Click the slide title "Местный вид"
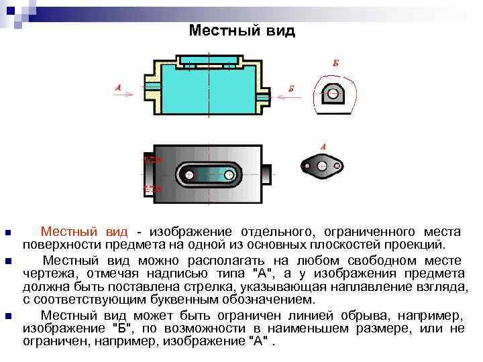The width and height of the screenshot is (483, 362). point(241,31)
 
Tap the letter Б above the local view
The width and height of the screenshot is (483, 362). point(335,64)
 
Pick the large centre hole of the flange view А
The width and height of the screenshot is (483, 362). point(323,164)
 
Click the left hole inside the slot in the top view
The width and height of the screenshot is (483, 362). point(190,175)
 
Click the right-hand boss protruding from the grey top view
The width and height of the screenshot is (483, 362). point(267,174)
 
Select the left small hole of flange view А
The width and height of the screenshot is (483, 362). point(307,165)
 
